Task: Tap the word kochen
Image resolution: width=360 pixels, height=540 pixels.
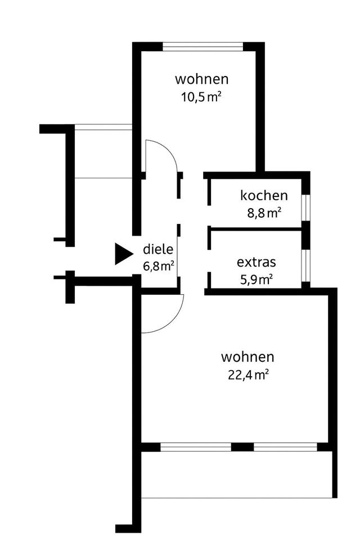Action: coord(264,196)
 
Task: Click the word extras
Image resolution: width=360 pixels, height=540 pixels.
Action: coord(256,262)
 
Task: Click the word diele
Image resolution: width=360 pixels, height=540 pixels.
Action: coord(158,250)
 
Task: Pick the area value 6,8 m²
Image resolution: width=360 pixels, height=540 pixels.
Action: coord(158,266)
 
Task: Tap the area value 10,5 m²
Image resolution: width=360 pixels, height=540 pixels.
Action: coord(200,96)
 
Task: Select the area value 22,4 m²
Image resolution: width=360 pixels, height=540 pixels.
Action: coord(247,375)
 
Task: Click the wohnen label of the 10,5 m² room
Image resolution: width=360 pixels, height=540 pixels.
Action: coord(201,78)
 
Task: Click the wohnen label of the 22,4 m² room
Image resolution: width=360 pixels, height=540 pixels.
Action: coord(247,357)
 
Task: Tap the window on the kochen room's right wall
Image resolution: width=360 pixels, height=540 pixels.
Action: coord(305,208)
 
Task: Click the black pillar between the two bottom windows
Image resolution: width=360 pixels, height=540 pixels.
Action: coord(242,447)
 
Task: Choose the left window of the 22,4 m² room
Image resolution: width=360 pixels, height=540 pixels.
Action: coord(196,447)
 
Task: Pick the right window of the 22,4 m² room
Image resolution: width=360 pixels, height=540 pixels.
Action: coord(285,447)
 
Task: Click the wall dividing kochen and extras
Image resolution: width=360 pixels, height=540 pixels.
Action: coord(256,229)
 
